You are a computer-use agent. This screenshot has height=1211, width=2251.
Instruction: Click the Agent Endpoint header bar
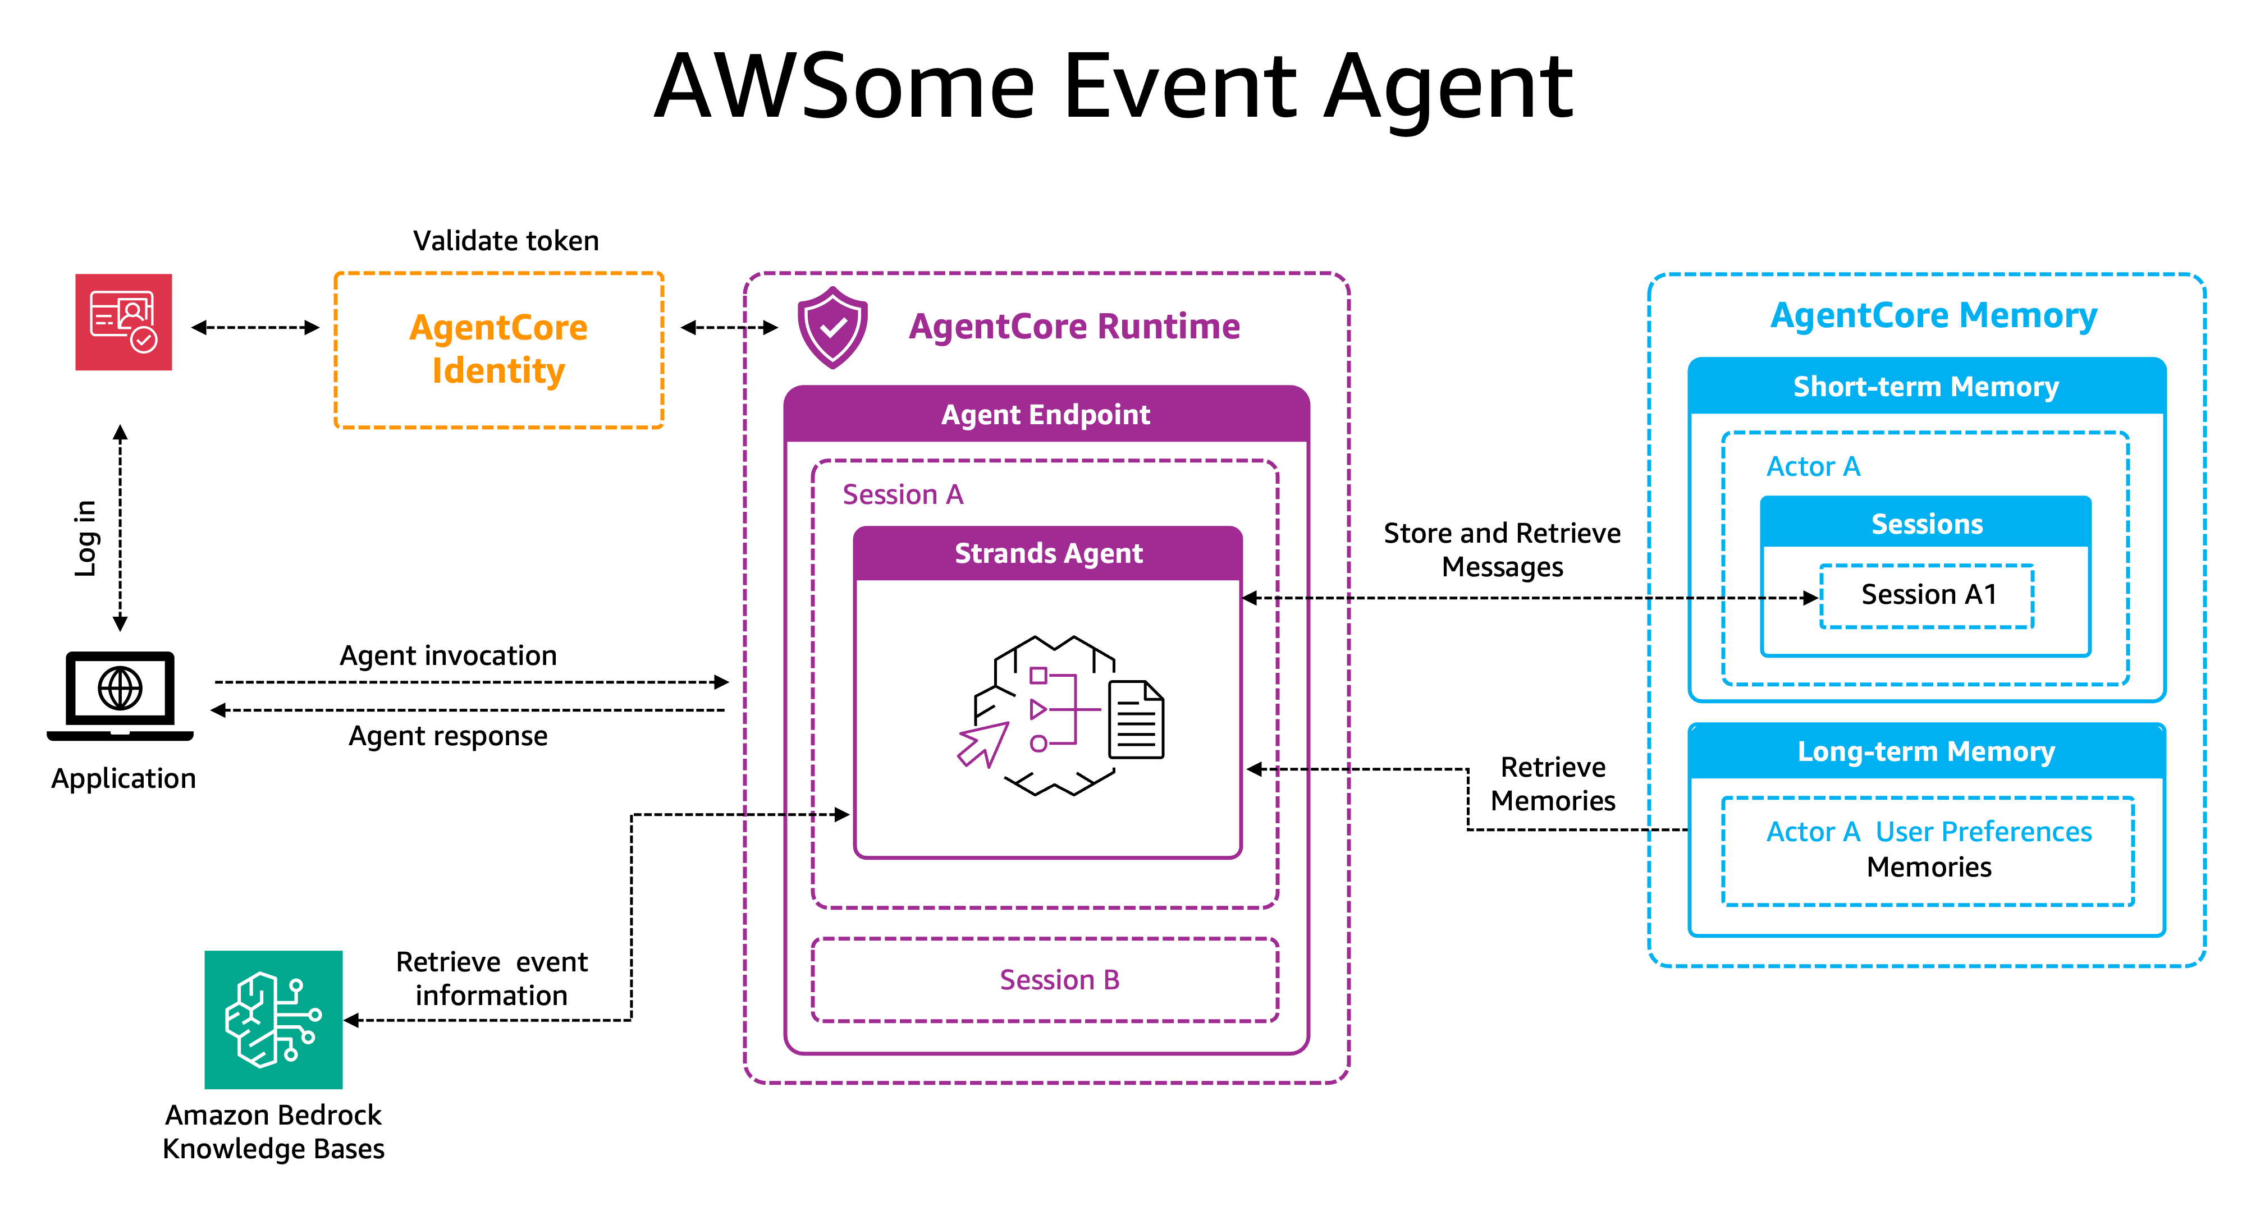point(1046,414)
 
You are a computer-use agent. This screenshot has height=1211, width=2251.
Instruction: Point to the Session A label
point(903,494)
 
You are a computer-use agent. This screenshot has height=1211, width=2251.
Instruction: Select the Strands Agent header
point(1047,553)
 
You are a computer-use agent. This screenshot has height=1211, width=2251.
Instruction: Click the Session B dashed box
point(1045,979)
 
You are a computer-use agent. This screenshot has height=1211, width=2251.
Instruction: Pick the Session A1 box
point(1928,595)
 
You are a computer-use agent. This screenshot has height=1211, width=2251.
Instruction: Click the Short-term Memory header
point(1926,386)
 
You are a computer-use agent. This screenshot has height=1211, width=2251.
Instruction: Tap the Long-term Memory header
point(1926,751)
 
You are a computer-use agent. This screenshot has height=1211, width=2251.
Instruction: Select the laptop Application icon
point(121,695)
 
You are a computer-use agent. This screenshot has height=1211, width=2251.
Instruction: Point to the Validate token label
point(506,240)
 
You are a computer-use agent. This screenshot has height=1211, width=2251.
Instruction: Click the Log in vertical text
point(85,538)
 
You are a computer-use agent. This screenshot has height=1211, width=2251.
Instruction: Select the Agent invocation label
point(449,655)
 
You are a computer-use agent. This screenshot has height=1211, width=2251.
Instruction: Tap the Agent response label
point(449,736)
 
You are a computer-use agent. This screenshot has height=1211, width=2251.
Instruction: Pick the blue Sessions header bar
point(1926,524)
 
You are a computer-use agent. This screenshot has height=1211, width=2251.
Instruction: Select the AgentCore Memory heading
point(1933,315)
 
